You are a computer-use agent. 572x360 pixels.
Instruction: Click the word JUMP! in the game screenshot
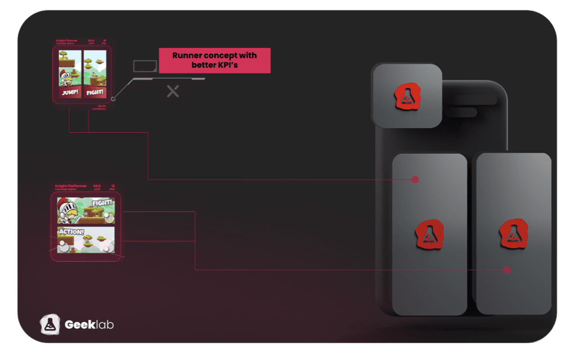tap(69, 93)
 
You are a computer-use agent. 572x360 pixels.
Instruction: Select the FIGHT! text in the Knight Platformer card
tap(102, 203)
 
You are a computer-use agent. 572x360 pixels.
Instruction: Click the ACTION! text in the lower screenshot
tap(71, 232)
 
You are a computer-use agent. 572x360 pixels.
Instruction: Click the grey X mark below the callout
tap(173, 91)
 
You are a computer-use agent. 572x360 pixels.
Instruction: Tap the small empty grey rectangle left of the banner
tap(145, 66)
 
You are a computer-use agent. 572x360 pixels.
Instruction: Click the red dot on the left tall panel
tap(415, 180)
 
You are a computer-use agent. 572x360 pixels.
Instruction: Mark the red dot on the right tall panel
tap(507, 270)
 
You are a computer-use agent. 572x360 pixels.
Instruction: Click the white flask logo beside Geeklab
tap(50, 324)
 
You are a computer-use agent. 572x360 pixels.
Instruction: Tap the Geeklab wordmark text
tap(89, 324)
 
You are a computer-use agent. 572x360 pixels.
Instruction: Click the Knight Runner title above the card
tap(67, 41)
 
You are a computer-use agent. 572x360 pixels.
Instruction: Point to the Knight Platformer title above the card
tap(71, 186)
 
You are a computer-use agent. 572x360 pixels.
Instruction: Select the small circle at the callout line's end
tap(113, 99)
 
